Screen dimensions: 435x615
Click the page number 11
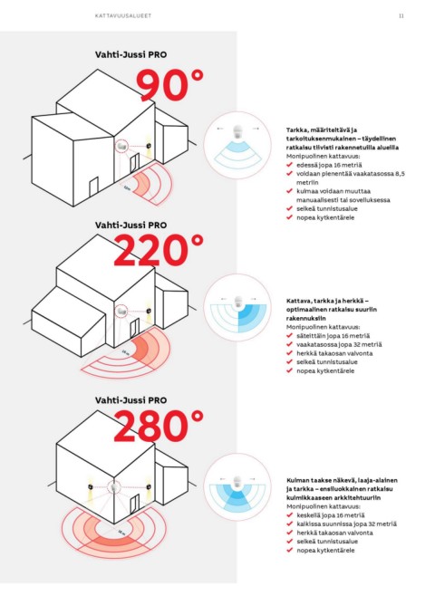pos(401,15)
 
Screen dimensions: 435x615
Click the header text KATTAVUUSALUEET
pos(123,15)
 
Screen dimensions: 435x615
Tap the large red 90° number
pos(169,85)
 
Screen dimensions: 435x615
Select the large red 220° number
pos(159,250)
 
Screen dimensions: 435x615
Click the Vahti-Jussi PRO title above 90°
pos(130,54)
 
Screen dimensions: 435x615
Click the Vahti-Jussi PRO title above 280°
pos(130,400)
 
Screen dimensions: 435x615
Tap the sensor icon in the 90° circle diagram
pos(237,132)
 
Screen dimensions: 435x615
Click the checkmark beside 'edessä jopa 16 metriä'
pos(289,165)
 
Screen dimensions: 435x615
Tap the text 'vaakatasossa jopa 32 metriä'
pos(339,344)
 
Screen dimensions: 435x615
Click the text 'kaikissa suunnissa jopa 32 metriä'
pos(346,524)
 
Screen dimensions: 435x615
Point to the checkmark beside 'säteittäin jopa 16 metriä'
pos(289,335)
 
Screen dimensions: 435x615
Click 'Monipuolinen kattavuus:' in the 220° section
pos(323,327)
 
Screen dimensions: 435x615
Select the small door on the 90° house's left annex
pos(93,187)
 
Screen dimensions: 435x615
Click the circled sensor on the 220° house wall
pos(121,312)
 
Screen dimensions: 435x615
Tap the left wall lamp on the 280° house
pos(91,486)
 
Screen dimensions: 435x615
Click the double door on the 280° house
pos(135,505)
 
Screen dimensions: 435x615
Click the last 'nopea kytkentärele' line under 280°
pos(325,551)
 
